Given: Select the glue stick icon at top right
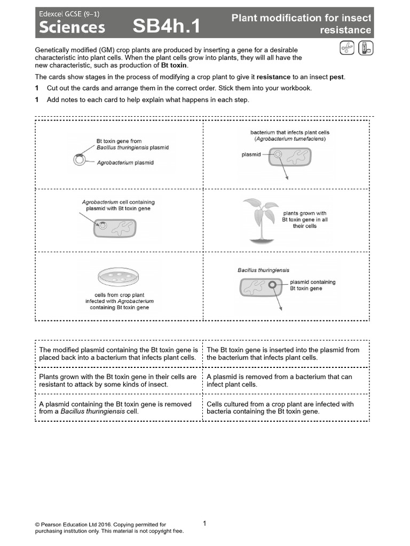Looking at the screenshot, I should (x=366, y=49).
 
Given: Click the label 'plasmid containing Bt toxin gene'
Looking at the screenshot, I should (x=312, y=285).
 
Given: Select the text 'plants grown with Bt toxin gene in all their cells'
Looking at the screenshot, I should (x=304, y=220).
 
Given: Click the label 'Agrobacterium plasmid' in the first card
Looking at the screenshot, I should (x=125, y=163).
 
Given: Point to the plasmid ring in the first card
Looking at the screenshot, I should (x=79, y=159).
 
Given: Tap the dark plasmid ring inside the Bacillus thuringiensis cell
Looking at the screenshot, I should (x=272, y=285).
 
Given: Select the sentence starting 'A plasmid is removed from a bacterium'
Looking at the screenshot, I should (x=279, y=380).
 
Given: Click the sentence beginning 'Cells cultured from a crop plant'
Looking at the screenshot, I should (x=280, y=407).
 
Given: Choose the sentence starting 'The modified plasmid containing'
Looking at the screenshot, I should (x=118, y=354).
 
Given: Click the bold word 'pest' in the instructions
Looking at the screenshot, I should (x=337, y=77).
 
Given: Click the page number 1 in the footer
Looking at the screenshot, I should (x=204, y=524).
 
